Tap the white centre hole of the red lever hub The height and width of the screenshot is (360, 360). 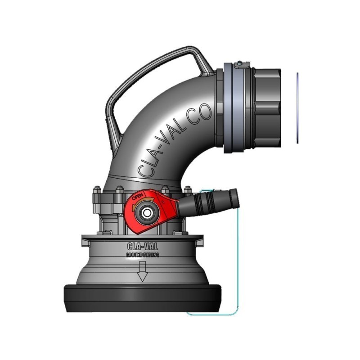[147, 213]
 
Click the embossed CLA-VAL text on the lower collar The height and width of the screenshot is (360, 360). [142, 247]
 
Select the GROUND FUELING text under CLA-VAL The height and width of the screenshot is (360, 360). [142, 255]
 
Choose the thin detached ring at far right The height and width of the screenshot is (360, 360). [297, 108]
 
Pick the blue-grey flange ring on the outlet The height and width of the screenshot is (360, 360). [234, 108]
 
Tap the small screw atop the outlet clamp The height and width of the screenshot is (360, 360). [240, 63]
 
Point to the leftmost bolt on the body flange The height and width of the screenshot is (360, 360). [96, 193]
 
